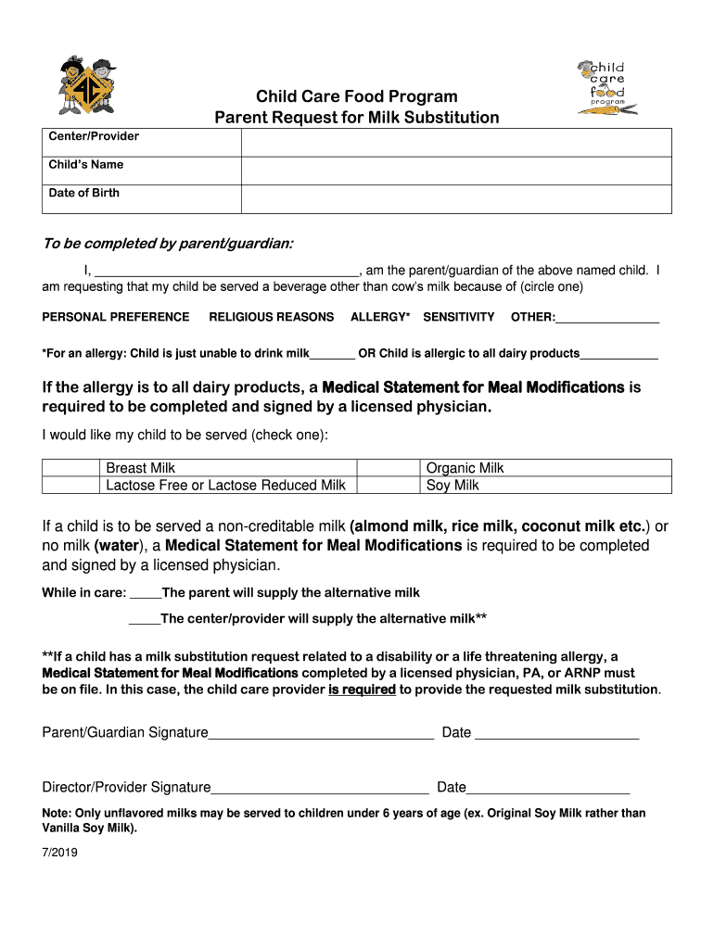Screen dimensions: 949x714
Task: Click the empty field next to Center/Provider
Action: tap(456, 143)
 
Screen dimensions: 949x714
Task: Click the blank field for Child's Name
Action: tap(456, 171)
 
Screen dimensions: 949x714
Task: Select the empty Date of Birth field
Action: tap(456, 199)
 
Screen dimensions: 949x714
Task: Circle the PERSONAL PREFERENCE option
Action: tap(116, 317)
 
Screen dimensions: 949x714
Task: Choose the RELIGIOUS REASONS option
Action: tap(271, 317)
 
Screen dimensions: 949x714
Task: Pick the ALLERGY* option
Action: tap(380, 317)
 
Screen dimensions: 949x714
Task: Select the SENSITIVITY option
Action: tap(459, 317)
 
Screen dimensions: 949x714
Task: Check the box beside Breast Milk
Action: tap(71, 468)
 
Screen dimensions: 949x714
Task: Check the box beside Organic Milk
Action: tap(389, 468)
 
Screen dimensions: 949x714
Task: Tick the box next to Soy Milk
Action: tap(389, 485)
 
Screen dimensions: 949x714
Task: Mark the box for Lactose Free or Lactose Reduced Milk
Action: tap(71, 485)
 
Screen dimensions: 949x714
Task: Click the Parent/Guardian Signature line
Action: tap(321, 734)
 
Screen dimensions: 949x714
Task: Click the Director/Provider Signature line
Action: tap(320, 789)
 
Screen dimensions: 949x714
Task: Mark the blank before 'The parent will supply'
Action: tap(146, 594)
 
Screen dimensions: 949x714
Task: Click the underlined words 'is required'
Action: tap(362, 690)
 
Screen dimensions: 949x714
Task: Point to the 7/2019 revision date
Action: tap(60, 855)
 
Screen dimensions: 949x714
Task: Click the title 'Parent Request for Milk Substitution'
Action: tap(357, 118)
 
